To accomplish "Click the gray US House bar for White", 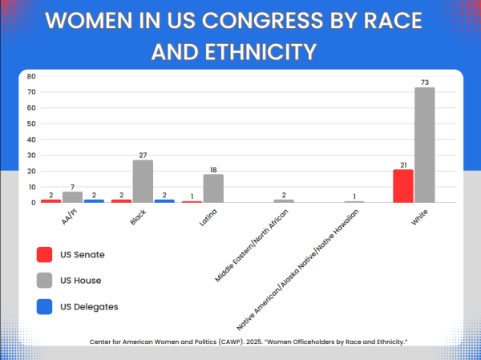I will pyautogui.click(x=424, y=145).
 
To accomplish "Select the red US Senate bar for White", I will pyautogui.click(x=403, y=186).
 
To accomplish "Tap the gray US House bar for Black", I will pyautogui.click(x=143, y=181).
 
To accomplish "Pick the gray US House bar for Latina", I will pyautogui.click(x=213, y=188).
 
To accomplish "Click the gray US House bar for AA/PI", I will pyautogui.click(x=73, y=197).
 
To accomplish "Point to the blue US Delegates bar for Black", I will pyautogui.click(x=164, y=200).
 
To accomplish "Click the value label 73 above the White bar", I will pyautogui.click(x=424, y=82).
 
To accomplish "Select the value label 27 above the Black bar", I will pyautogui.click(x=143, y=155).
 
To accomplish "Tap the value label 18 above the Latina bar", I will pyautogui.click(x=213, y=169).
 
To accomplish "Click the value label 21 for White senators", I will pyautogui.click(x=403, y=164).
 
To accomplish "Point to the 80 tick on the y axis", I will pyautogui.click(x=31, y=76).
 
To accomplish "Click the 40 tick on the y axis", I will pyautogui.click(x=31, y=140).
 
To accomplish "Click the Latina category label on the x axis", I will pyautogui.click(x=208, y=216).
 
